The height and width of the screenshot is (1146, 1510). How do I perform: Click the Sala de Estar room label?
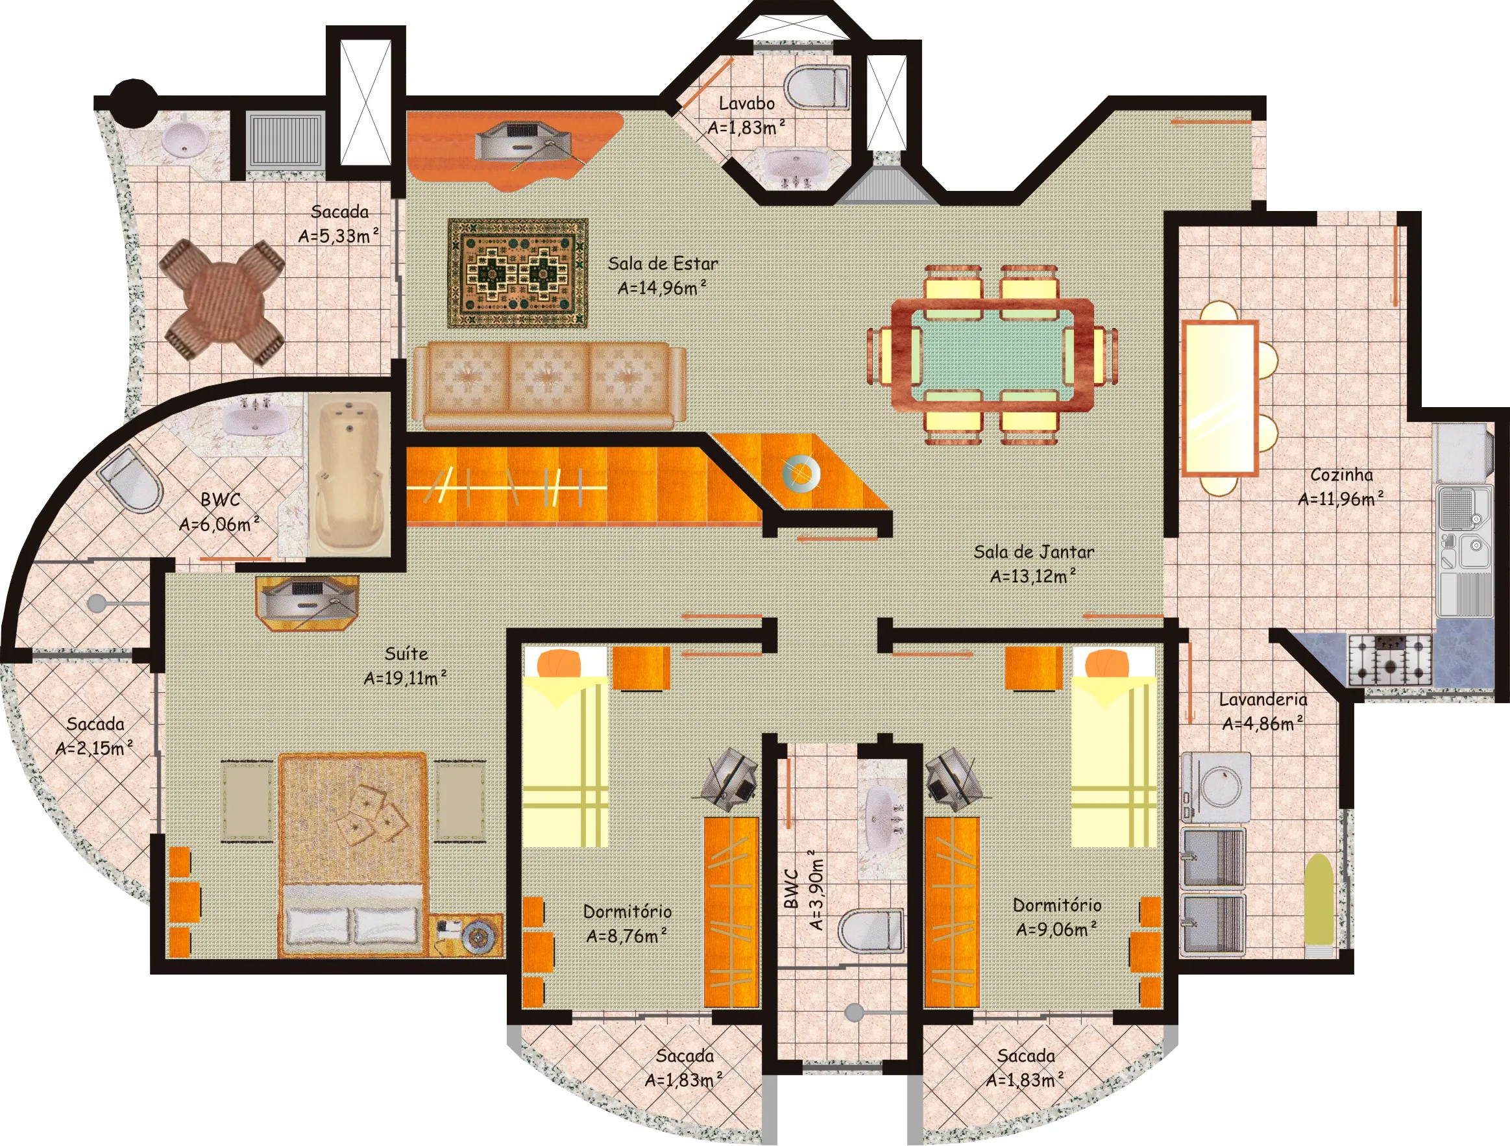click(x=663, y=264)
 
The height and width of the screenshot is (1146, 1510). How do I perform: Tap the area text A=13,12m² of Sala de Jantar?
click(x=1034, y=577)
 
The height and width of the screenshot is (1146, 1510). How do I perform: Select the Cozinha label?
click(x=1341, y=475)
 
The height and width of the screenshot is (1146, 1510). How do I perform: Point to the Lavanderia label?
click(x=1263, y=699)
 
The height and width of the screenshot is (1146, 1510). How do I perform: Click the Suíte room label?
click(x=406, y=654)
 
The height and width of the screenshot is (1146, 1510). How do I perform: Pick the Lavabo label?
click(x=747, y=103)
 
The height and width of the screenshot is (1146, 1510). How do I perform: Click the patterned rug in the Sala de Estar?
click(x=517, y=273)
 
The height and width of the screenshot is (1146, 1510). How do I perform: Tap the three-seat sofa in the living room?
click(x=549, y=385)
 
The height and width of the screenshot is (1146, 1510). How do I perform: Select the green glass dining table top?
click(x=992, y=355)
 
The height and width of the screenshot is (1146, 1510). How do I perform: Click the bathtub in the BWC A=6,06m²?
click(x=349, y=476)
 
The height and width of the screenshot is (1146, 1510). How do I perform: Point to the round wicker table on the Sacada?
click(x=221, y=301)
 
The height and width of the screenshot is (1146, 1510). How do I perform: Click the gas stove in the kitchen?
click(x=1390, y=660)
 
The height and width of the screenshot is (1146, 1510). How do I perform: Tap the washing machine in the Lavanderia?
click(x=1216, y=788)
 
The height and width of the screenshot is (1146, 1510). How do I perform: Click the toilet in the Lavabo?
click(x=817, y=88)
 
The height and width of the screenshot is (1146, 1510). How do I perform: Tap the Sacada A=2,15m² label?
click(x=95, y=736)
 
